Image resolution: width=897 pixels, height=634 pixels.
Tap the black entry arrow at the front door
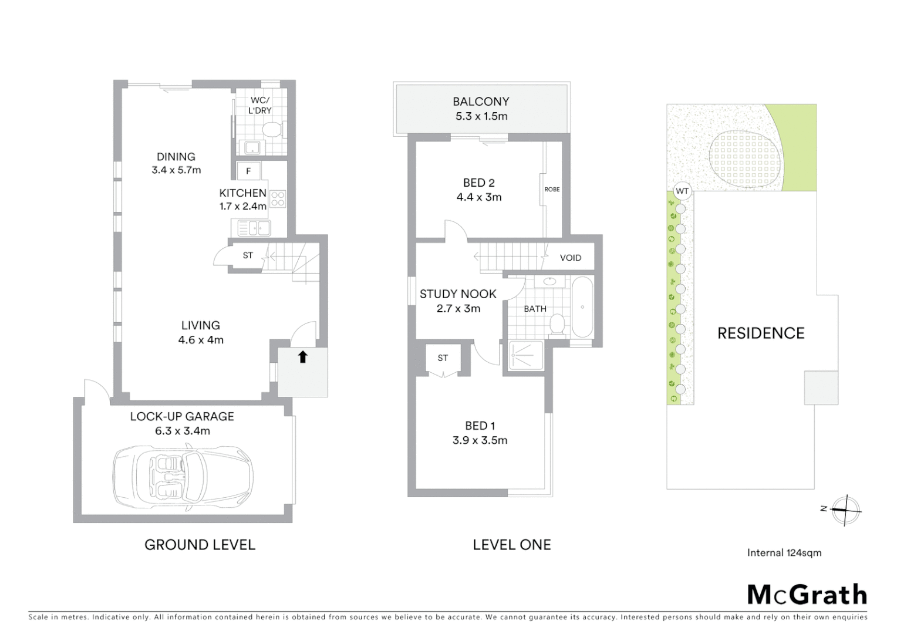pos(303,356)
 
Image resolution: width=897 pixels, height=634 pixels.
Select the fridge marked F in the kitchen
pos(249,171)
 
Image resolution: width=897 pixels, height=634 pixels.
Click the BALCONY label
pos(481,102)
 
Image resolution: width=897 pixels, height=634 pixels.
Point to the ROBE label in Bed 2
pos(552,189)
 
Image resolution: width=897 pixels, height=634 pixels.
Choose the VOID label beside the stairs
pos(570,258)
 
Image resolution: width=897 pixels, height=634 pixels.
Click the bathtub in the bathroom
pos(582,306)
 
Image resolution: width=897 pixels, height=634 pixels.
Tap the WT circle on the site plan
pos(682,191)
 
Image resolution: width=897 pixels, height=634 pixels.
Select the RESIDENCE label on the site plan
pos(761,333)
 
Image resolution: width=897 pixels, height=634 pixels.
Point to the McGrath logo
pos(807,595)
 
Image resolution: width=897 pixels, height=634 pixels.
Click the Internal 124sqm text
pos(784,552)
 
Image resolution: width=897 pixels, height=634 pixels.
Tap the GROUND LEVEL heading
pos(200,545)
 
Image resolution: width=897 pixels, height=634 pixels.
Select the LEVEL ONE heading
pos(511,545)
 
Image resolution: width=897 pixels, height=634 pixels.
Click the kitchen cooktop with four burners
pos(278,199)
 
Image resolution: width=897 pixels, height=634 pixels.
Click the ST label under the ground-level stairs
pos(248,255)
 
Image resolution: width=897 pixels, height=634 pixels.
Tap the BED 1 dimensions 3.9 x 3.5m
pos(480,440)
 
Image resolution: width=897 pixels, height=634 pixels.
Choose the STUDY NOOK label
pos(458,294)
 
